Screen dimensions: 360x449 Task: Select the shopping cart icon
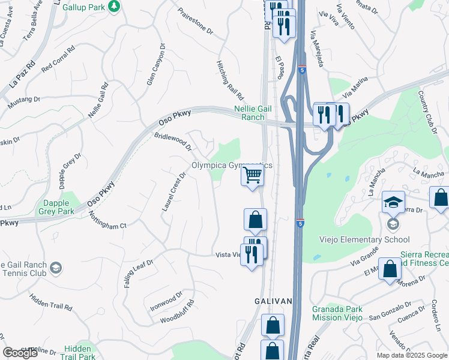[253, 176]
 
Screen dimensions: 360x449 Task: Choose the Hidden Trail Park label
[79, 352]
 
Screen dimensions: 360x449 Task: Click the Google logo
[20, 353]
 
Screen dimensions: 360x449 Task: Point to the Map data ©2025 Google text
[411, 355]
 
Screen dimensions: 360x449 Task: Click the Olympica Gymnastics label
[231, 166]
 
